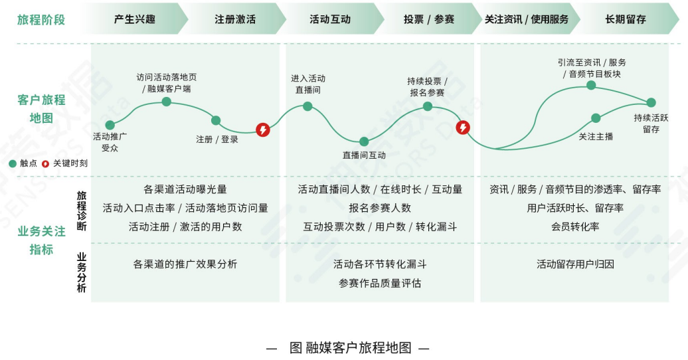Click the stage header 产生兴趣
pyautogui.click(x=134, y=19)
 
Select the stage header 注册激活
pyautogui.click(x=235, y=19)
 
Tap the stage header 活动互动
pyautogui.click(x=330, y=19)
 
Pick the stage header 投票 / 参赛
pyautogui.click(x=429, y=19)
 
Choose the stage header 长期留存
pyautogui.click(x=626, y=19)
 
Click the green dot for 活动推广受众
pyautogui.click(x=110, y=125)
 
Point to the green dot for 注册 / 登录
pyautogui.click(x=216, y=120)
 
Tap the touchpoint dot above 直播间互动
pyautogui.click(x=364, y=141)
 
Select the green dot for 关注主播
pyautogui.click(x=596, y=118)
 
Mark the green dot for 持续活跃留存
pyautogui.click(x=651, y=102)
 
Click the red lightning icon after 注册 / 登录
pyautogui.click(x=263, y=130)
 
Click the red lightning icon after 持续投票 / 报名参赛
pyautogui.click(x=463, y=128)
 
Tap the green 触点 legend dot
pyautogui.click(x=12, y=163)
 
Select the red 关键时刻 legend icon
pyautogui.click(x=45, y=163)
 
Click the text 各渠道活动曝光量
pyautogui.click(x=185, y=189)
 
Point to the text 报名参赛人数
pyautogui.click(x=380, y=208)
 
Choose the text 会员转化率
pyautogui.click(x=575, y=226)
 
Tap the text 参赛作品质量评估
pyautogui.click(x=380, y=283)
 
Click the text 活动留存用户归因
pyautogui.click(x=575, y=264)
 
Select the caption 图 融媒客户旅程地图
pyautogui.click(x=350, y=347)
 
